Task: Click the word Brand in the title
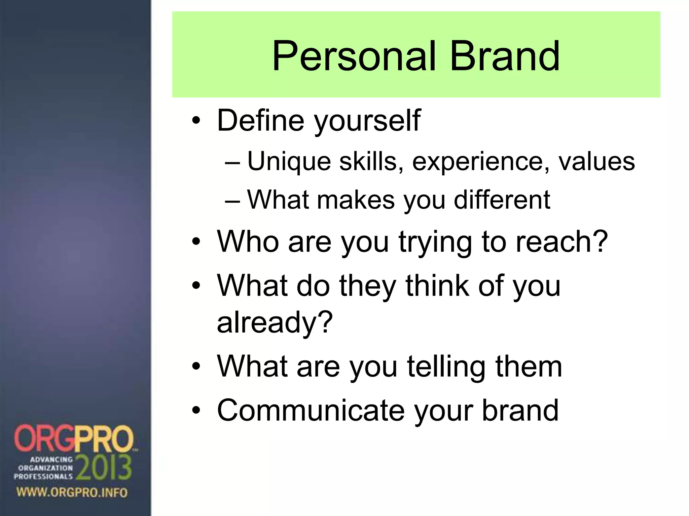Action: (505, 56)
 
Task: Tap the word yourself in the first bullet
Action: (367, 121)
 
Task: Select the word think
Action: (437, 286)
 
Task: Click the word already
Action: (275, 322)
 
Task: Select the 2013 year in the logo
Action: (104, 468)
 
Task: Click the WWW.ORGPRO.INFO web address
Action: (72, 493)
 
